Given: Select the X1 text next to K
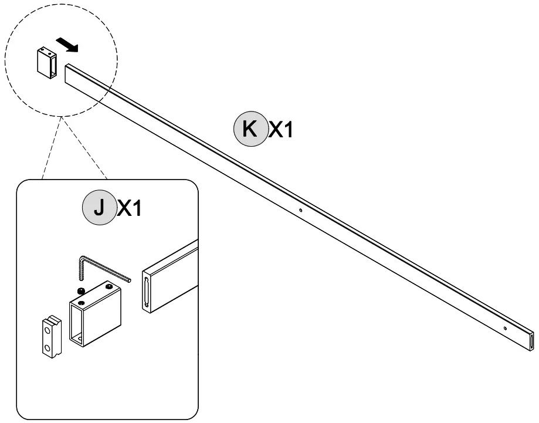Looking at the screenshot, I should click(x=280, y=130).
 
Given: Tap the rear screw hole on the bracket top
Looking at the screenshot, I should click(x=110, y=286).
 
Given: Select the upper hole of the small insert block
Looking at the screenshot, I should click(x=48, y=331).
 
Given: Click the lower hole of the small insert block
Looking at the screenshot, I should click(x=48, y=348).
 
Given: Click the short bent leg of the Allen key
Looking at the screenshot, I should click(x=82, y=266).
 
